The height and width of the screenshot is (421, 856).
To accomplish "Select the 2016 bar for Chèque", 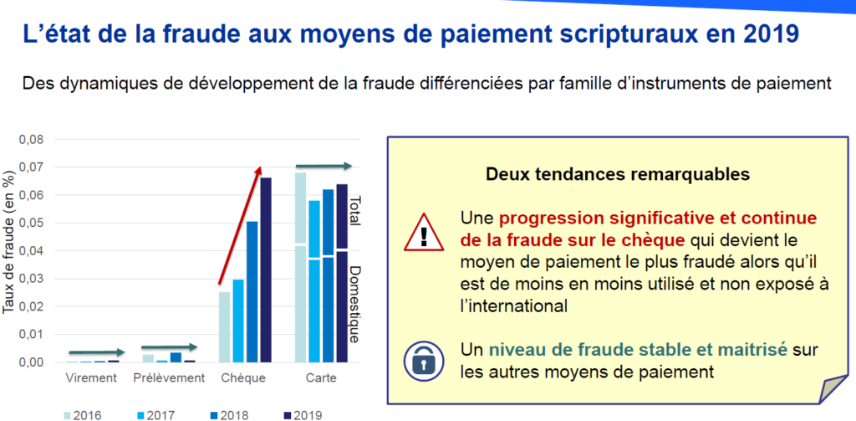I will click(x=224, y=326).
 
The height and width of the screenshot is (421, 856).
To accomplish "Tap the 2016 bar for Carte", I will click(x=301, y=268).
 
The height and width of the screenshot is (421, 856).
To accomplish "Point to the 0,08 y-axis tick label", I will click(x=32, y=140).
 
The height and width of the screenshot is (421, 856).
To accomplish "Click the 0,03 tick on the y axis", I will click(x=32, y=279).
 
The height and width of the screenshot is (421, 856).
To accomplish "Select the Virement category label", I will click(x=92, y=378).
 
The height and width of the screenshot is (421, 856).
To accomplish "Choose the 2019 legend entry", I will click(x=303, y=413).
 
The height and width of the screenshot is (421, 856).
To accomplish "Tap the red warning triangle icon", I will click(x=423, y=231).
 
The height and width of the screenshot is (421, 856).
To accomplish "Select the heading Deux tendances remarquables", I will click(x=618, y=174).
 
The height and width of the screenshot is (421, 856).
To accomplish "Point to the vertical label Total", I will click(x=354, y=211).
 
